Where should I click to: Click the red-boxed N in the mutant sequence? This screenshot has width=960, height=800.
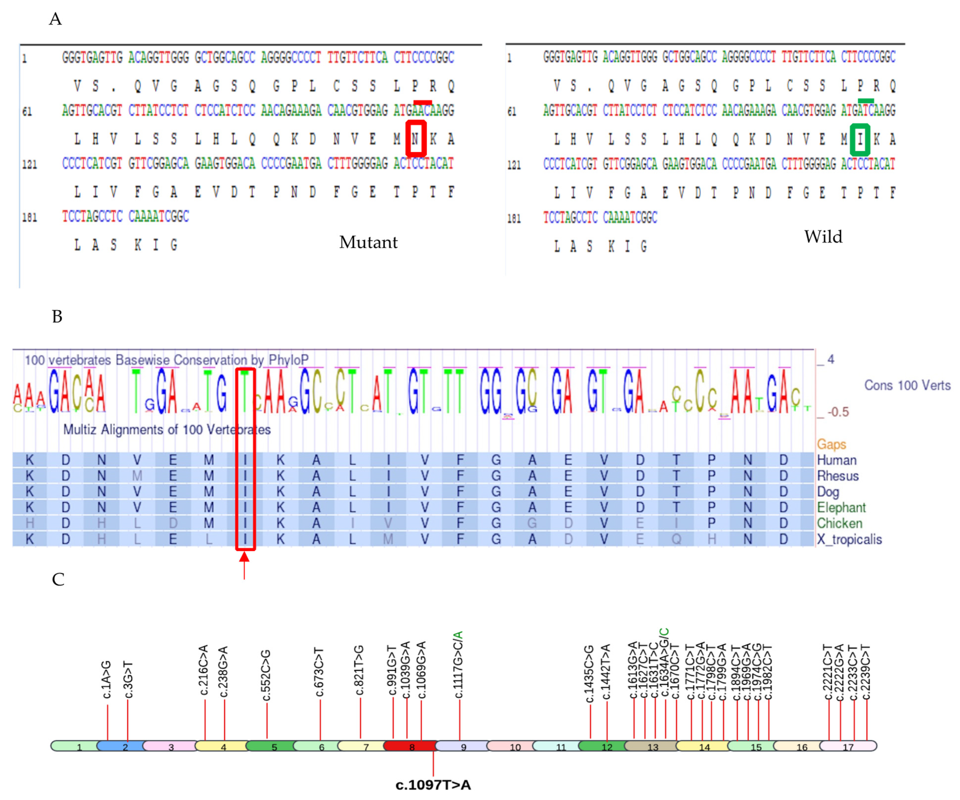click(415, 138)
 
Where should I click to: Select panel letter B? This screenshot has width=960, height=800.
click(57, 316)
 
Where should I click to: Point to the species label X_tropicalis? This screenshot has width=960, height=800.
click(849, 539)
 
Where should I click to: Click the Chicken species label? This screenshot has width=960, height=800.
click(839, 523)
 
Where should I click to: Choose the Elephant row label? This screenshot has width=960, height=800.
click(841, 508)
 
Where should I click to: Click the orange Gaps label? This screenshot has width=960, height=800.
click(831, 444)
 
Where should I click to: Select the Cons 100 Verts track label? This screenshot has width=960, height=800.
click(907, 385)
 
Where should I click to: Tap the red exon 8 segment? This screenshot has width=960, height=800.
click(411, 747)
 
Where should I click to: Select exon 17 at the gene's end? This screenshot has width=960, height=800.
click(848, 747)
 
